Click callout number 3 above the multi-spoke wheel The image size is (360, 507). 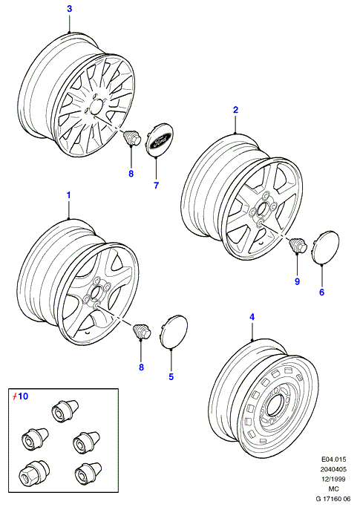click(70, 9)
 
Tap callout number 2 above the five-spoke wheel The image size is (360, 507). click(235, 110)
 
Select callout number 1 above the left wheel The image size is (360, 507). click(68, 195)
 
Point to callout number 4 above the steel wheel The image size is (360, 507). click(252, 317)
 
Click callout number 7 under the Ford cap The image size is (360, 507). click(156, 186)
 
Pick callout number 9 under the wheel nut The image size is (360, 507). click(297, 281)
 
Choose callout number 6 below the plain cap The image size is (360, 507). click(321, 292)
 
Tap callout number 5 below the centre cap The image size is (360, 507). click(171, 376)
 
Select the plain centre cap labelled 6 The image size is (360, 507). click(325, 246)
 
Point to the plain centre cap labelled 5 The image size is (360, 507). click(174, 331)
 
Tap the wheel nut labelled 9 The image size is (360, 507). click(297, 245)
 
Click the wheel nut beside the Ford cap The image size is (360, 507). click(132, 137)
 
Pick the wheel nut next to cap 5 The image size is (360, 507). click(142, 331)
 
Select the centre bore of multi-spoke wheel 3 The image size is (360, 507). click(96, 106)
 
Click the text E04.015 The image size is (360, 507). click(333, 459)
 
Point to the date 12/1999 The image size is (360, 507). click(333, 480)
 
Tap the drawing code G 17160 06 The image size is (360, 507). click(333, 500)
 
